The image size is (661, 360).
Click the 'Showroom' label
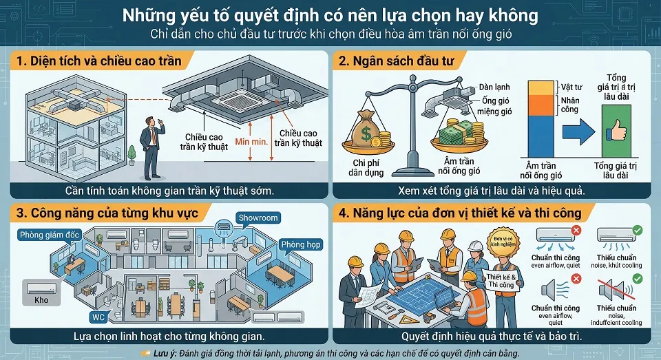click(258, 218)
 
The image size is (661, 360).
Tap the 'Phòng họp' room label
click(301, 244)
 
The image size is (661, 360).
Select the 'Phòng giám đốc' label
click(50, 235)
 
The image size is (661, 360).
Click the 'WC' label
click(98, 317)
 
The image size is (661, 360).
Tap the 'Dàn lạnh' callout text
click(490, 88)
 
